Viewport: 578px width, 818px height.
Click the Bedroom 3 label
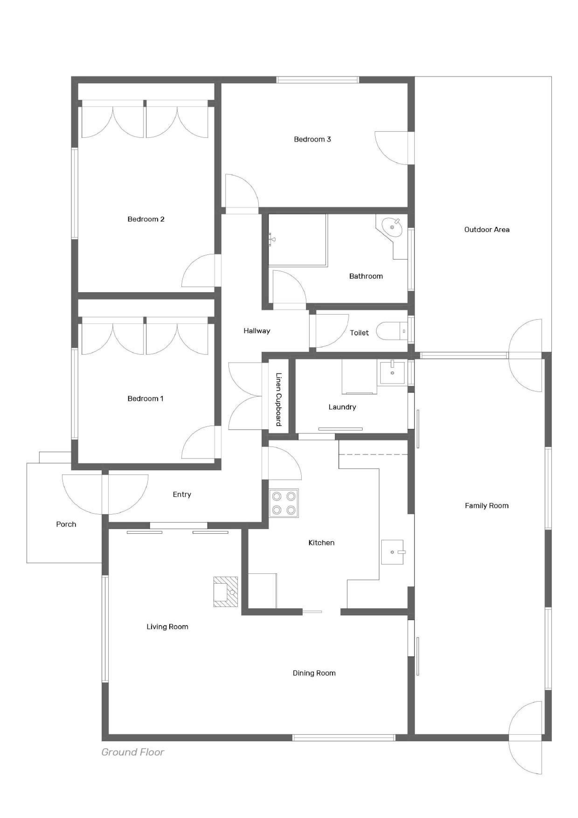[x=312, y=139]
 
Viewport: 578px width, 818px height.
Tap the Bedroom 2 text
[x=146, y=219]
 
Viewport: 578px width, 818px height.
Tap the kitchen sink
[x=392, y=552]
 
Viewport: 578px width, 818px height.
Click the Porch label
[x=66, y=524]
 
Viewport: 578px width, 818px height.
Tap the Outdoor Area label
[x=487, y=230]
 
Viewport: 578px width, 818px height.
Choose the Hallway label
[x=257, y=331]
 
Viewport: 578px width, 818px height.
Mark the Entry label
[x=182, y=495]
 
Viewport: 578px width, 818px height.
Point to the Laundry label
[x=342, y=407]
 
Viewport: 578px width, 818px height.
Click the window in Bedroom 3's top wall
[x=318, y=80]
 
